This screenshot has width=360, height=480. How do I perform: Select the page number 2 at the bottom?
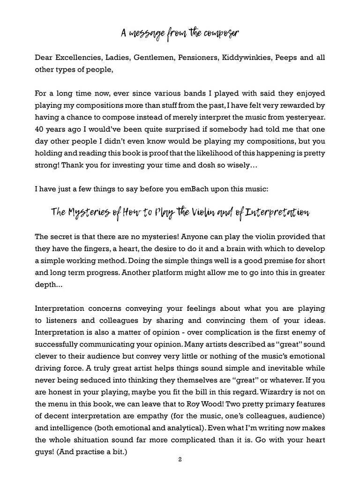180,460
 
